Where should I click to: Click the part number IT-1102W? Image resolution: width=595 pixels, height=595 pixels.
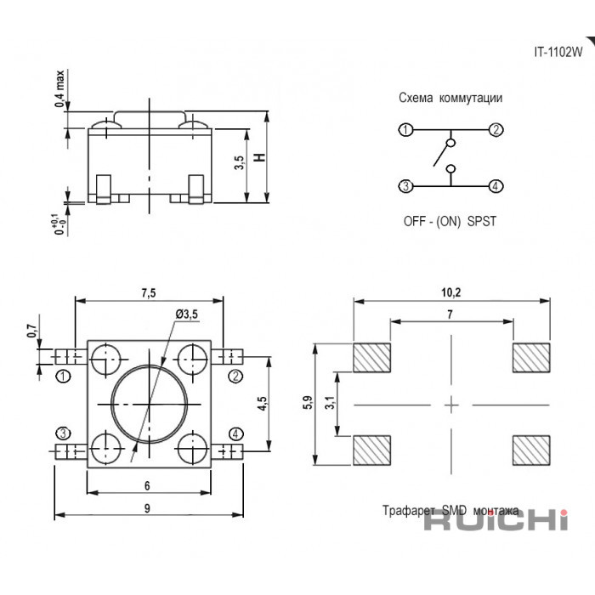[558, 52]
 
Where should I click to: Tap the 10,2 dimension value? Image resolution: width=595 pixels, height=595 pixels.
[450, 292]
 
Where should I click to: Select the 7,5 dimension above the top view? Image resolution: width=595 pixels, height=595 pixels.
[149, 293]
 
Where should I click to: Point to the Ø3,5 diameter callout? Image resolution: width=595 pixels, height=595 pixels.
[187, 314]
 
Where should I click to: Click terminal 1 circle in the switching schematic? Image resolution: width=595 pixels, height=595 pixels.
[405, 130]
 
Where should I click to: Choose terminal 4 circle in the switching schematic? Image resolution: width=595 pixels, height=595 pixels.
[496, 186]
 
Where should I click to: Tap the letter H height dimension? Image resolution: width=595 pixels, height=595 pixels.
[260, 157]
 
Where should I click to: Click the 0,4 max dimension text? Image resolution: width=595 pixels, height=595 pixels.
[59, 88]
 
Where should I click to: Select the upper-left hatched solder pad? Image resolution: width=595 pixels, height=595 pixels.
[372, 358]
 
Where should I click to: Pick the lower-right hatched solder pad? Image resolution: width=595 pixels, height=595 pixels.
[531, 450]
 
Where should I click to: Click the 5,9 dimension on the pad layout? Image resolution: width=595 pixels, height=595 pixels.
[308, 402]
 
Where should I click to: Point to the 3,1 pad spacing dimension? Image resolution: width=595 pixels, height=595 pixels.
[330, 402]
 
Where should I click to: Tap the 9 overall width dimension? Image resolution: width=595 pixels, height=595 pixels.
[147, 508]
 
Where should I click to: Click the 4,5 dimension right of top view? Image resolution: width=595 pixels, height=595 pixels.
[262, 404]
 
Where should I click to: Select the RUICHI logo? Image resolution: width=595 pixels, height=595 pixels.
[496, 519]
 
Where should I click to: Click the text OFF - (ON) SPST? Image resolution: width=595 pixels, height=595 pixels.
[450, 221]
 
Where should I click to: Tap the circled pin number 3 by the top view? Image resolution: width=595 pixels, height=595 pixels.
[63, 433]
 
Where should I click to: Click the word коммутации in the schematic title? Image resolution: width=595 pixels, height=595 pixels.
[471, 98]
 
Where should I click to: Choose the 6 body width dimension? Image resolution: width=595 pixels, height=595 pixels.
[147, 485]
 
